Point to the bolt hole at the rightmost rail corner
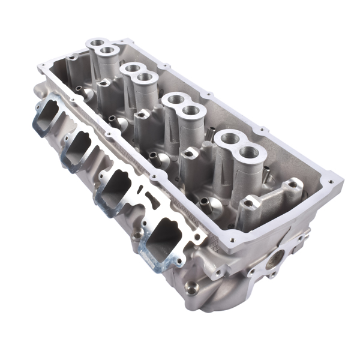pyautogui.click(x=329, y=180)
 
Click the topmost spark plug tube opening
pyautogui.click(x=96, y=43)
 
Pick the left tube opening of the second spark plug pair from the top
pyautogui.click(x=133, y=67)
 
